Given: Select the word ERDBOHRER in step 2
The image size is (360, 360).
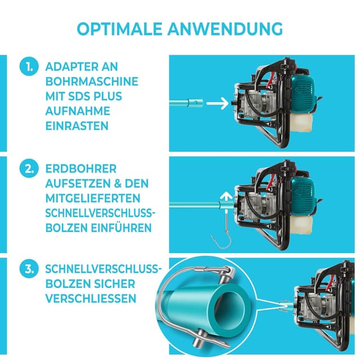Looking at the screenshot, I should (x=82, y=169).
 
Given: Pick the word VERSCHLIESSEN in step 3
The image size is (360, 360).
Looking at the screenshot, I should (x=91, y=298).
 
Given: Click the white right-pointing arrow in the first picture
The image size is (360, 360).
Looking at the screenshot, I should (x=215, y=103).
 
